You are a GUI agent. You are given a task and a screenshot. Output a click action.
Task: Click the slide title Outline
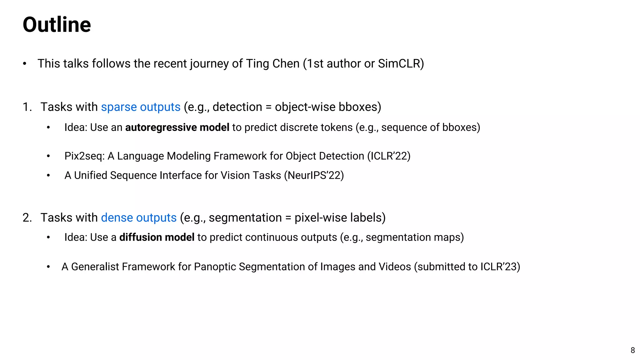pos(57,25)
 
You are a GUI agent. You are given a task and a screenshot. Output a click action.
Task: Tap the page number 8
pos(632,350)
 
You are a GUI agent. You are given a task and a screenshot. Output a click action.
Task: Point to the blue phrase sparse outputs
pos(141,107)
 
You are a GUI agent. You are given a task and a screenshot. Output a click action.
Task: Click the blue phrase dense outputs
pos(139,217)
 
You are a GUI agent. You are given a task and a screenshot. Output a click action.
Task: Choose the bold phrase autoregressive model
pos(177,127)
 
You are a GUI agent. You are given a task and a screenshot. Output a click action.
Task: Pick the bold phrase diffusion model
pos(157,237)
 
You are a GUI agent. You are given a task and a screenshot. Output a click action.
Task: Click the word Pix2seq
pos(84,156)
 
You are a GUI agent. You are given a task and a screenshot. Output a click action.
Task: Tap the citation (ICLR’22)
pos(389,156)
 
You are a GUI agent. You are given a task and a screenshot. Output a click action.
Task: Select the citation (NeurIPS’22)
pos(314,175)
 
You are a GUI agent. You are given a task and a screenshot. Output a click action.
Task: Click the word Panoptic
pos(215,267)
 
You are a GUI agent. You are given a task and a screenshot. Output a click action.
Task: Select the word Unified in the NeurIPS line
pos(91,175)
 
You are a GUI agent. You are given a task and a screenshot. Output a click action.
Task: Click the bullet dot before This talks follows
pos(25,64)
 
